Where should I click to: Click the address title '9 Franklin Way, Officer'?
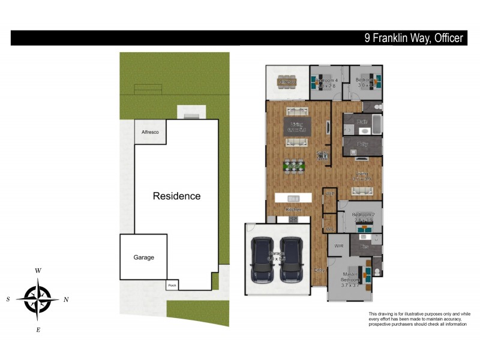pos(414,38)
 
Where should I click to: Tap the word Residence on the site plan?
pos(176,196)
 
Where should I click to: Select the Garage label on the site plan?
pos(143,257)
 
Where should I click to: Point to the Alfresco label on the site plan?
pos(150,132)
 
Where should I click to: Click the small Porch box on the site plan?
pos(173,286)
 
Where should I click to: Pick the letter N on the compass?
pos(66,299)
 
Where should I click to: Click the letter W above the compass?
pos(38,271)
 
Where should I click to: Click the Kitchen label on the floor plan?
pos(293,209)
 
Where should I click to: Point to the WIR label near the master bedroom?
pos(338,245)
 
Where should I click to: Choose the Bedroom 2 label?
pos(363,217)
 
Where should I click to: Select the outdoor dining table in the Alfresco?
pos(287,82)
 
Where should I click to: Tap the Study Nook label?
pos(323,156)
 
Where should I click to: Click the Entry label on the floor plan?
pos(319,270)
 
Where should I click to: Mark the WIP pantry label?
pos(329,194)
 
